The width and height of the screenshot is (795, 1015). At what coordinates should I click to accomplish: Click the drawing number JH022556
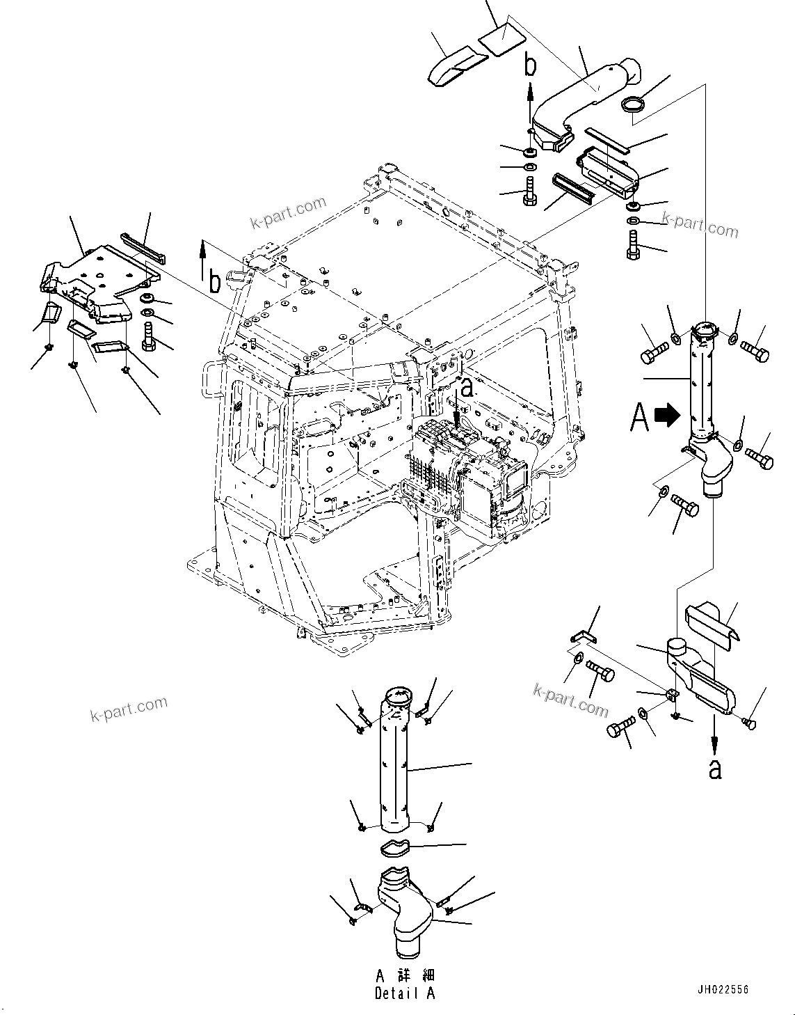coord(723,989)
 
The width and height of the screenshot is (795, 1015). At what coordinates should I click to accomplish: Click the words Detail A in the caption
coord(404,993)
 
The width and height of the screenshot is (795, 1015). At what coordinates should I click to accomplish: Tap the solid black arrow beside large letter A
coord(667,416)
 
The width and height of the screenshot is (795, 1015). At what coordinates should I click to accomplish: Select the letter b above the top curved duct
coord(531,65)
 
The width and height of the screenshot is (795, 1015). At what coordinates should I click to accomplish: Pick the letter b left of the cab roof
coord(216,281)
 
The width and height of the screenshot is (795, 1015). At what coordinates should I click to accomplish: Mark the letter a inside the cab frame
coord(467,388)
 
